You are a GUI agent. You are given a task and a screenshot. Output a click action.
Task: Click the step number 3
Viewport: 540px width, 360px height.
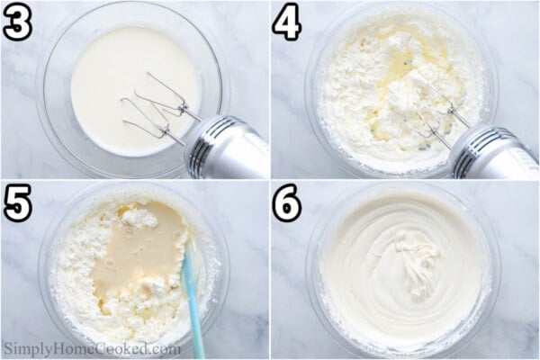point(17,23)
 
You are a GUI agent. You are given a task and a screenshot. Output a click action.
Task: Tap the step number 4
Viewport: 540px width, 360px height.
point(287,23)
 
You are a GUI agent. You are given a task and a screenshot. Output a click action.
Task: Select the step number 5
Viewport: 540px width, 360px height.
point(17,203)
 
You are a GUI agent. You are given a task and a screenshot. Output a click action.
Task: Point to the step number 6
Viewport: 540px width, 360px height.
point(287,204)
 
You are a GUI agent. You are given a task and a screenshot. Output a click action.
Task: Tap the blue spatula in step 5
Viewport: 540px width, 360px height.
point(193,297)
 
